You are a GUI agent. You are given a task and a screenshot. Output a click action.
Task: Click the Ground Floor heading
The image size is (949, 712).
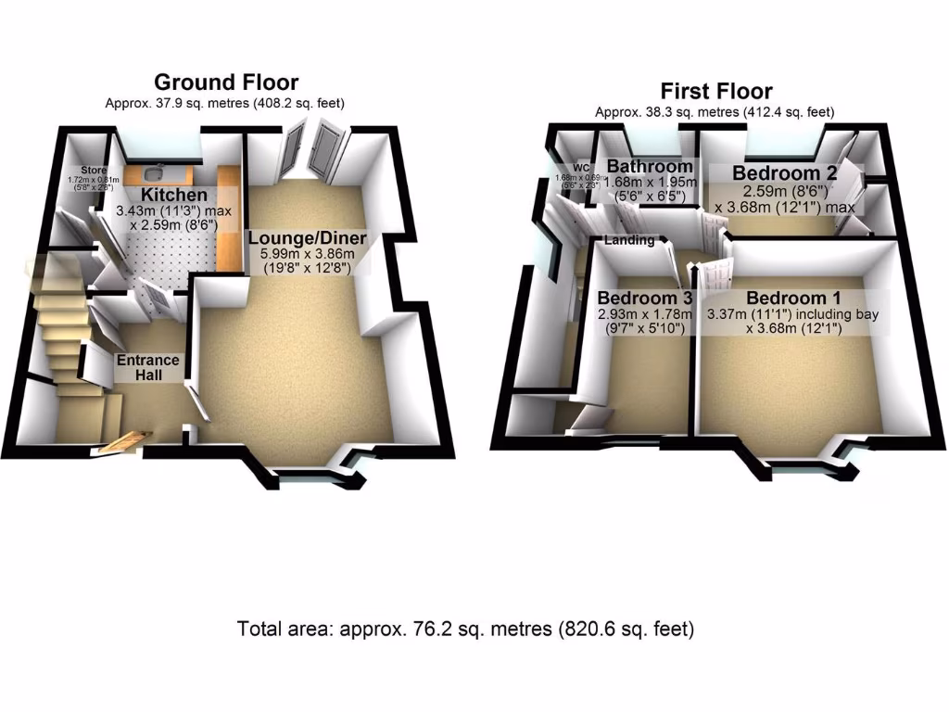tap(226, 83)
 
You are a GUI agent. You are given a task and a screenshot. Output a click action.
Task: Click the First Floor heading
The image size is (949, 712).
tap(715, 91)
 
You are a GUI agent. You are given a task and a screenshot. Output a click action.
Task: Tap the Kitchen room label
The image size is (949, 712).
tap(174, 195)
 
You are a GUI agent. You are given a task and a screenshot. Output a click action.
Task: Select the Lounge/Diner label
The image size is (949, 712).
tap(308, 238)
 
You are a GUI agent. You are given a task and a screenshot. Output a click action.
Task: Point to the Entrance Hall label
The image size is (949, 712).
tap(147, 368)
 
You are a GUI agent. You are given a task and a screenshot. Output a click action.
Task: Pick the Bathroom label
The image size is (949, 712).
tap(649, 167)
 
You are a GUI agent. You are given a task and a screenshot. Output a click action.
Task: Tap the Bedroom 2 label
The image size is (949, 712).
tap(778, 172)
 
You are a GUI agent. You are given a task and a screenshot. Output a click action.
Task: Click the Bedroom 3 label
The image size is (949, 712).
tap(645, 299)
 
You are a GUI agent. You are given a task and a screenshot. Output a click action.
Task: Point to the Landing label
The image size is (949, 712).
tap(629, 240)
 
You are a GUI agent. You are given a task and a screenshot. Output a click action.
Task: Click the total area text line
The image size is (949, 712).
tap(466, 629)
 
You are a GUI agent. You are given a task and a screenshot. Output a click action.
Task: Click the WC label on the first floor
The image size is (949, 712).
tap(582, 168)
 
